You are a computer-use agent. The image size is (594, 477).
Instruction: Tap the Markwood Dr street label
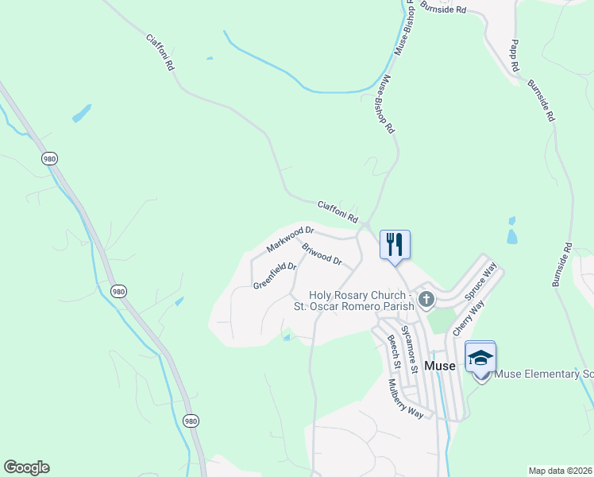click(290, 239)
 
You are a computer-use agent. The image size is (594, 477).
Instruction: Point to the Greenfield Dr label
click(275, 276)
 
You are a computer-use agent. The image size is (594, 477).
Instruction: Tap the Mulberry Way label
click(406, 397)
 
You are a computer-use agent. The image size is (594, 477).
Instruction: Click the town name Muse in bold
click(440, 366)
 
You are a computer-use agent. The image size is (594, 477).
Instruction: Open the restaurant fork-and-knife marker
click(395, 244)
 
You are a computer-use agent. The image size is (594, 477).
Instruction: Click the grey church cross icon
click(426, 300)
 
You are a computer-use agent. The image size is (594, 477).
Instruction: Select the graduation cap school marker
click(480, 357)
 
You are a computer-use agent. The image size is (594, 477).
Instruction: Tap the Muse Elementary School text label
click(544, 374)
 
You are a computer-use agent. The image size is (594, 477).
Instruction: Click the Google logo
click(26, 467)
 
